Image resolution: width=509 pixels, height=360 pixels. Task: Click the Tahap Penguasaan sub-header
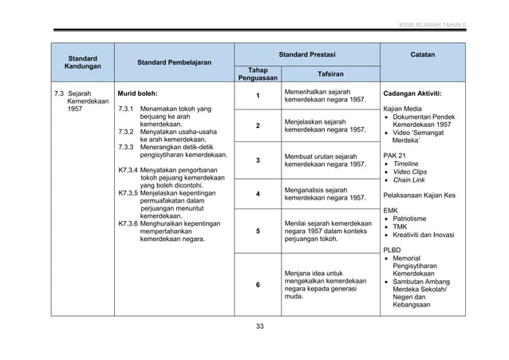(257, 74)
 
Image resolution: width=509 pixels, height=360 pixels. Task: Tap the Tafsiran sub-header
(332, 73)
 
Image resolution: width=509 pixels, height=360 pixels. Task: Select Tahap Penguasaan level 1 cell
(257, 97)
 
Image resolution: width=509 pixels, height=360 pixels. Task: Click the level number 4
(257, 194)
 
